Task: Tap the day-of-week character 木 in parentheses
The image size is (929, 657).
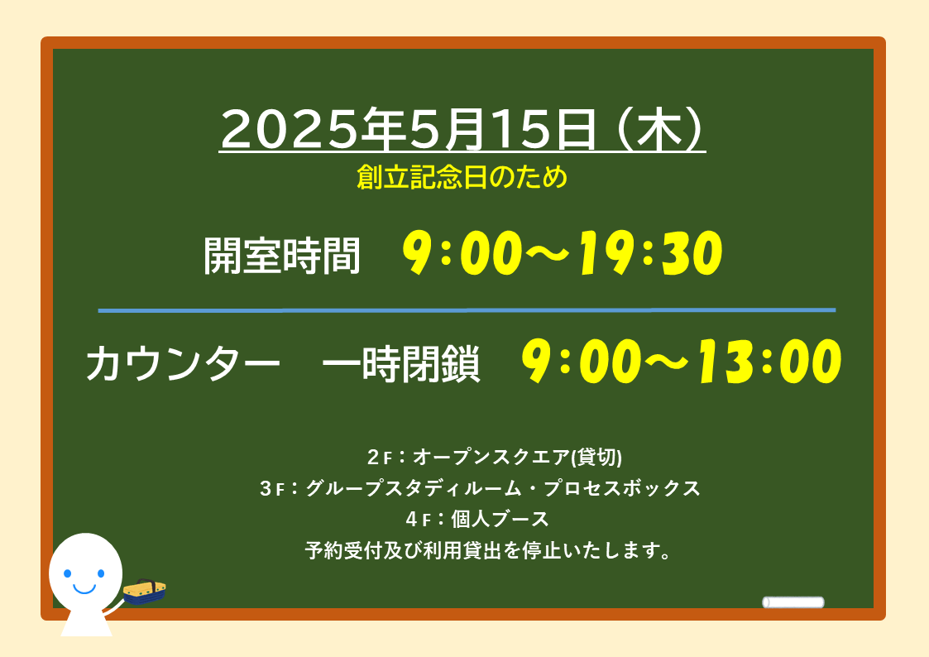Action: click(x=659, y=129)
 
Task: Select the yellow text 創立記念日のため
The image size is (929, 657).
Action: click(x=462, y=177)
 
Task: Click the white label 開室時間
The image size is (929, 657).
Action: click(x=282, y=256)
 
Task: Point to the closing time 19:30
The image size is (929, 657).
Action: click(x=650, y=253)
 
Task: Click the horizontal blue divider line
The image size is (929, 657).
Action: click(x=467, y=309)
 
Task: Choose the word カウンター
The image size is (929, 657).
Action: click(x=183, y=363)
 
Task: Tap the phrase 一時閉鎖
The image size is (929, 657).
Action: click(x=400, y=363)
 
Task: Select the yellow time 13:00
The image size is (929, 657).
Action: click(x=769, y=362)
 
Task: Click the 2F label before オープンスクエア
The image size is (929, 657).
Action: click(x=380, y=458)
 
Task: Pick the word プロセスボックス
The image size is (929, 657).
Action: click(x=622, y=488)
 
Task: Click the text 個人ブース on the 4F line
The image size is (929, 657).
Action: click(x=500, y=520)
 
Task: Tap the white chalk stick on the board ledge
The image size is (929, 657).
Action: click(x=793, y=602)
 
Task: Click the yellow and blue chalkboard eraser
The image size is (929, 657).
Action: click(x=145, y=592)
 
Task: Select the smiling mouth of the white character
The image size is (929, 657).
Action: click(x=84, y=589)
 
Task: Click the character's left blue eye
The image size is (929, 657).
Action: click(x=68, y=573)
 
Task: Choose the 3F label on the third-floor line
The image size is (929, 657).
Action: click(x=272, y=489)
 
